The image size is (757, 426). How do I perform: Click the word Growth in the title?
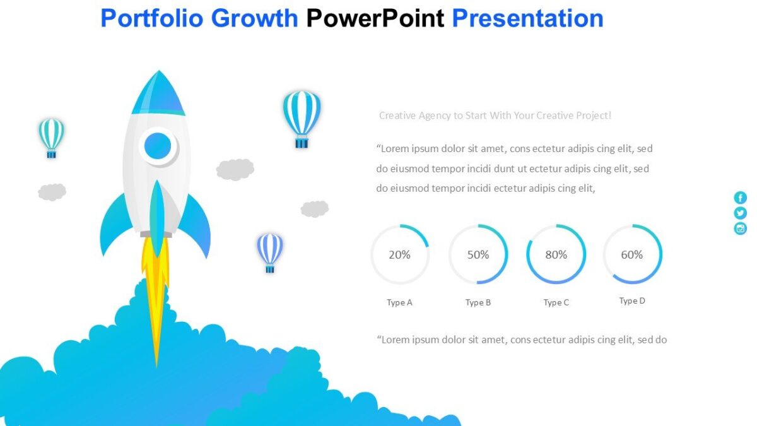pos(254,18)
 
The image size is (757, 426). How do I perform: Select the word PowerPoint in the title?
pos(375,18)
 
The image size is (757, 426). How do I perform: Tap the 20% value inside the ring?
pos(399,254)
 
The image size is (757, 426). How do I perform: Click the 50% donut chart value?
pos(478,254)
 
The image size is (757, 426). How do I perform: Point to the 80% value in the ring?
pos(556,254)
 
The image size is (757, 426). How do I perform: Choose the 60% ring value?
pos(631,254)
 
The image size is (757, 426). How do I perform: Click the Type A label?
pos(399,302)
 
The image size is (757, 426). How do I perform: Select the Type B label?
pos(478,302)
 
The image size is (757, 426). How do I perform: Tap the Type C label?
pos(556,302)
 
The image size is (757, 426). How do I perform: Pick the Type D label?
pos(631,300)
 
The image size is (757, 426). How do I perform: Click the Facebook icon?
pos(740,198)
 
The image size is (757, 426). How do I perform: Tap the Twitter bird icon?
pos(740,213)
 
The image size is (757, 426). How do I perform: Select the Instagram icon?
pos(740,228)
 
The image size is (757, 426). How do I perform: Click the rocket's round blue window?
pos(158,146)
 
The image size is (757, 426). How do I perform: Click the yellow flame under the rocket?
pos(155,284)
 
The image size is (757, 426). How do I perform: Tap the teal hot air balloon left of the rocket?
pos(51,136)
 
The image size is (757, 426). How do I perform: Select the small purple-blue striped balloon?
pos(270,251)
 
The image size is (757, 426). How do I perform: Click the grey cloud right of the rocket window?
pos(235,169)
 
